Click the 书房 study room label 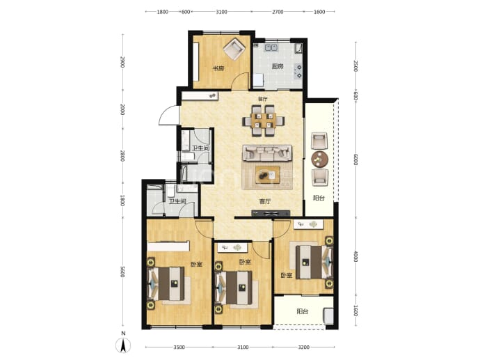click(x=218, y=68)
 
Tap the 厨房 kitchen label click(x=278, y=66)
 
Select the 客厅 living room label click(x=265, y=201)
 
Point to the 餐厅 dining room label click(x=263, y=99)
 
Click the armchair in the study click(x=234, y=49)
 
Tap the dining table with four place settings click(x=263, y=120)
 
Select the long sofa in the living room click(x=267, y=153)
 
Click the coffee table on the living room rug click(x=268, y=175)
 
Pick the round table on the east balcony click(x=319, y=159)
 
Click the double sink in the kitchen click(x=271, y=47)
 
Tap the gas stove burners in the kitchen click(x=298, y=71)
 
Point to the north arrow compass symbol click(x=123, y=345)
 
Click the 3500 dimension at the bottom click(x=179, y=347)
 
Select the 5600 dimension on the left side click(x=122, y=272)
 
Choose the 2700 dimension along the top click(x=278, y=12)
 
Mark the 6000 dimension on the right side click(x=355, y=159)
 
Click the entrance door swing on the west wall click(x=168, y=115)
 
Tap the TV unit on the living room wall click(x=271, y=213)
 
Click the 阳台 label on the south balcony click(x=302, y=311)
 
